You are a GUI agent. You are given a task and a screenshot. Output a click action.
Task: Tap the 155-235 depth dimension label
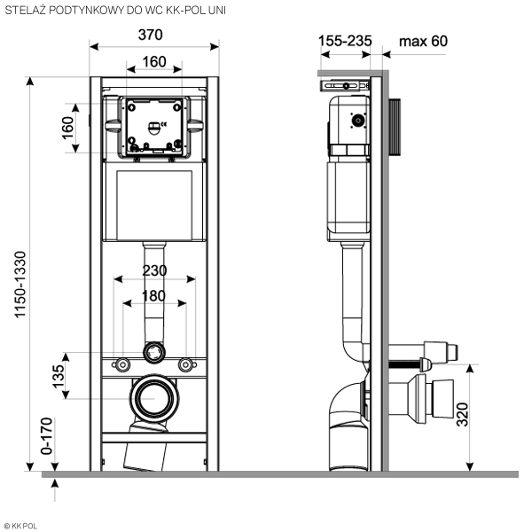(x=345, y=41)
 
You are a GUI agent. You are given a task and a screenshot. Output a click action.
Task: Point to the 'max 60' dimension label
(x=425, y=41)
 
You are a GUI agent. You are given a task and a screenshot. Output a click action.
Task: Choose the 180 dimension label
(x=154, y=295)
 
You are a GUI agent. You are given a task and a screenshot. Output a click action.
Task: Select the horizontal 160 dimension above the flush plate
(x=154, y=62)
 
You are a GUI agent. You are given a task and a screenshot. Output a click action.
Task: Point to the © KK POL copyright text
(x=27, y=524)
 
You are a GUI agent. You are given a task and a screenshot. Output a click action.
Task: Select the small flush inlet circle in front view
(x=154, y=353)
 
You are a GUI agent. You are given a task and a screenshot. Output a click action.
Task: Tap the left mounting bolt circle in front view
(x=118, y=364)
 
